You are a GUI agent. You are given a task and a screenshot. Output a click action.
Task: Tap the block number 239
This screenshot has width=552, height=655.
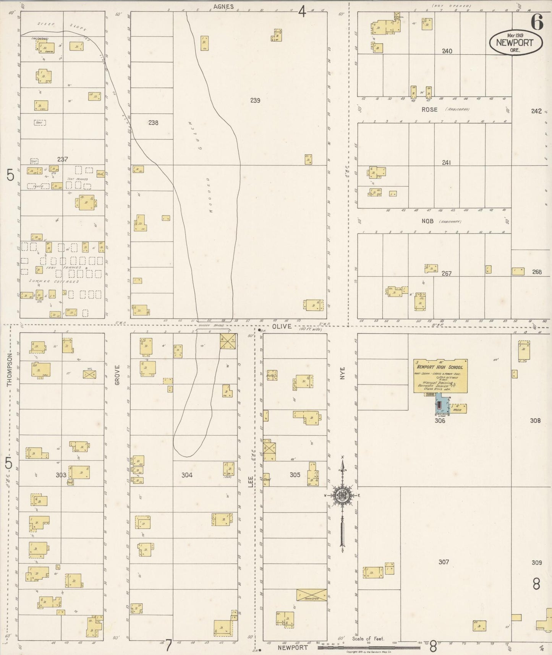255,101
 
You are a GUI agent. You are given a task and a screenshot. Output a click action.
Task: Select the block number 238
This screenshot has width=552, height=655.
153,123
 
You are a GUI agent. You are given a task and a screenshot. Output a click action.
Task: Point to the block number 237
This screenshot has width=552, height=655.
62,159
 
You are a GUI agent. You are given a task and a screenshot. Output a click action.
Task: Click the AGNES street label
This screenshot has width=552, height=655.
223,6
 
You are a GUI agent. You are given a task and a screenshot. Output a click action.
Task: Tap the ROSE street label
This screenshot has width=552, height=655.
429,109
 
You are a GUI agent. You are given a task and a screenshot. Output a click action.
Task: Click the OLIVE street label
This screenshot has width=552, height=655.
282,326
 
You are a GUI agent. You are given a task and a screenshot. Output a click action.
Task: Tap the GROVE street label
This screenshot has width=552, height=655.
117,375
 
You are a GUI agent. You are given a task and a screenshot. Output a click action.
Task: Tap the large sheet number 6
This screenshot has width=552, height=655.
536,24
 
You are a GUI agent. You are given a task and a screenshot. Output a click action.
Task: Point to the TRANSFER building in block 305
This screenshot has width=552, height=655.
312,595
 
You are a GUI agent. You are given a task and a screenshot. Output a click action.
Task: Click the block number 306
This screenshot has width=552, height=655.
440,421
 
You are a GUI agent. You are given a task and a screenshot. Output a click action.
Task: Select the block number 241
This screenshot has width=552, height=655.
446,162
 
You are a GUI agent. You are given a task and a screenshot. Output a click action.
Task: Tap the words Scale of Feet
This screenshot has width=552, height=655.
368,639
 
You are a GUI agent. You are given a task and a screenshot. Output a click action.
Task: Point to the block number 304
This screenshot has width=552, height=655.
187,475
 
